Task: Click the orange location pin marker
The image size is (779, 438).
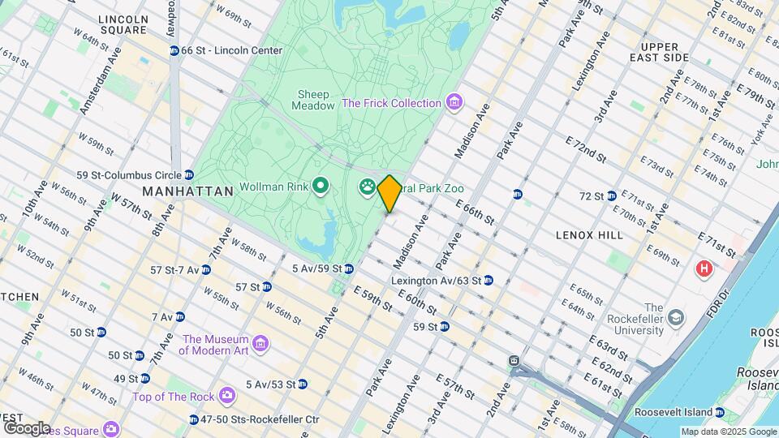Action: coord(389,194)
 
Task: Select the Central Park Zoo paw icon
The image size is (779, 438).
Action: coord(367,188)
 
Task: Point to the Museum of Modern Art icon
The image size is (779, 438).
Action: coord(261,345)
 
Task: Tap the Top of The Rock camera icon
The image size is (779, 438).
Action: coord(226,396)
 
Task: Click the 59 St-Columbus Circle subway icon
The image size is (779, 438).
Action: coord(188,175)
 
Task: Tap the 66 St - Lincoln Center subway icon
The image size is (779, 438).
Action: coord(174,50)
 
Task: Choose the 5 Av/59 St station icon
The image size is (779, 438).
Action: coord(348,268)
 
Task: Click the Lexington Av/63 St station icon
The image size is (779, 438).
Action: coord(488,281)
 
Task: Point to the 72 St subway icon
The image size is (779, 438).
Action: coord(611,195)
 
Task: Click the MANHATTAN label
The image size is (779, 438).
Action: coord(187,191)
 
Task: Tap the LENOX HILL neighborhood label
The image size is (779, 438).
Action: coord(589,234)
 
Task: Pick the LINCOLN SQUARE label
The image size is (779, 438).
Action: coord(122,24)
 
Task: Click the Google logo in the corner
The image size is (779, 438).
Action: coord(26,427)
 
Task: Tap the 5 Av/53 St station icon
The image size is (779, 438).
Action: coord(302,384)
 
